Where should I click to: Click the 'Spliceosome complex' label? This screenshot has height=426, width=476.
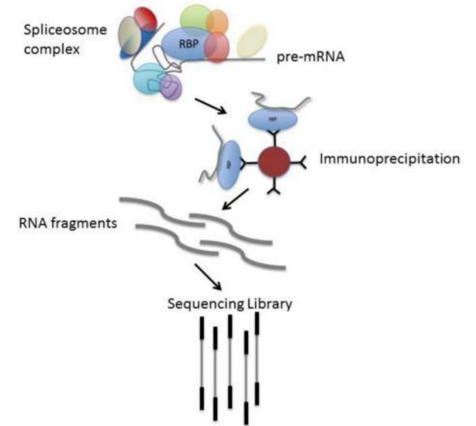pos(65,39)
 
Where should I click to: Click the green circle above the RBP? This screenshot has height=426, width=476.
pos(195,18)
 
